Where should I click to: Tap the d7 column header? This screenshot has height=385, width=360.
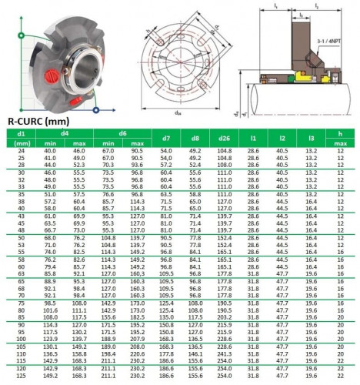165,138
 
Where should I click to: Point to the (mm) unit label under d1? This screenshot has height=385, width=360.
22,143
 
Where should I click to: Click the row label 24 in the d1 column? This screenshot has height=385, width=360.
22,150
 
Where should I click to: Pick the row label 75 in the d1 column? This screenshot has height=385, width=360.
22,303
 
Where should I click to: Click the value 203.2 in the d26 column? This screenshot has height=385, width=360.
225,317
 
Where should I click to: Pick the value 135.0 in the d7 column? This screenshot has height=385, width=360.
165,317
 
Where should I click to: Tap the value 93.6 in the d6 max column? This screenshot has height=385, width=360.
138,165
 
